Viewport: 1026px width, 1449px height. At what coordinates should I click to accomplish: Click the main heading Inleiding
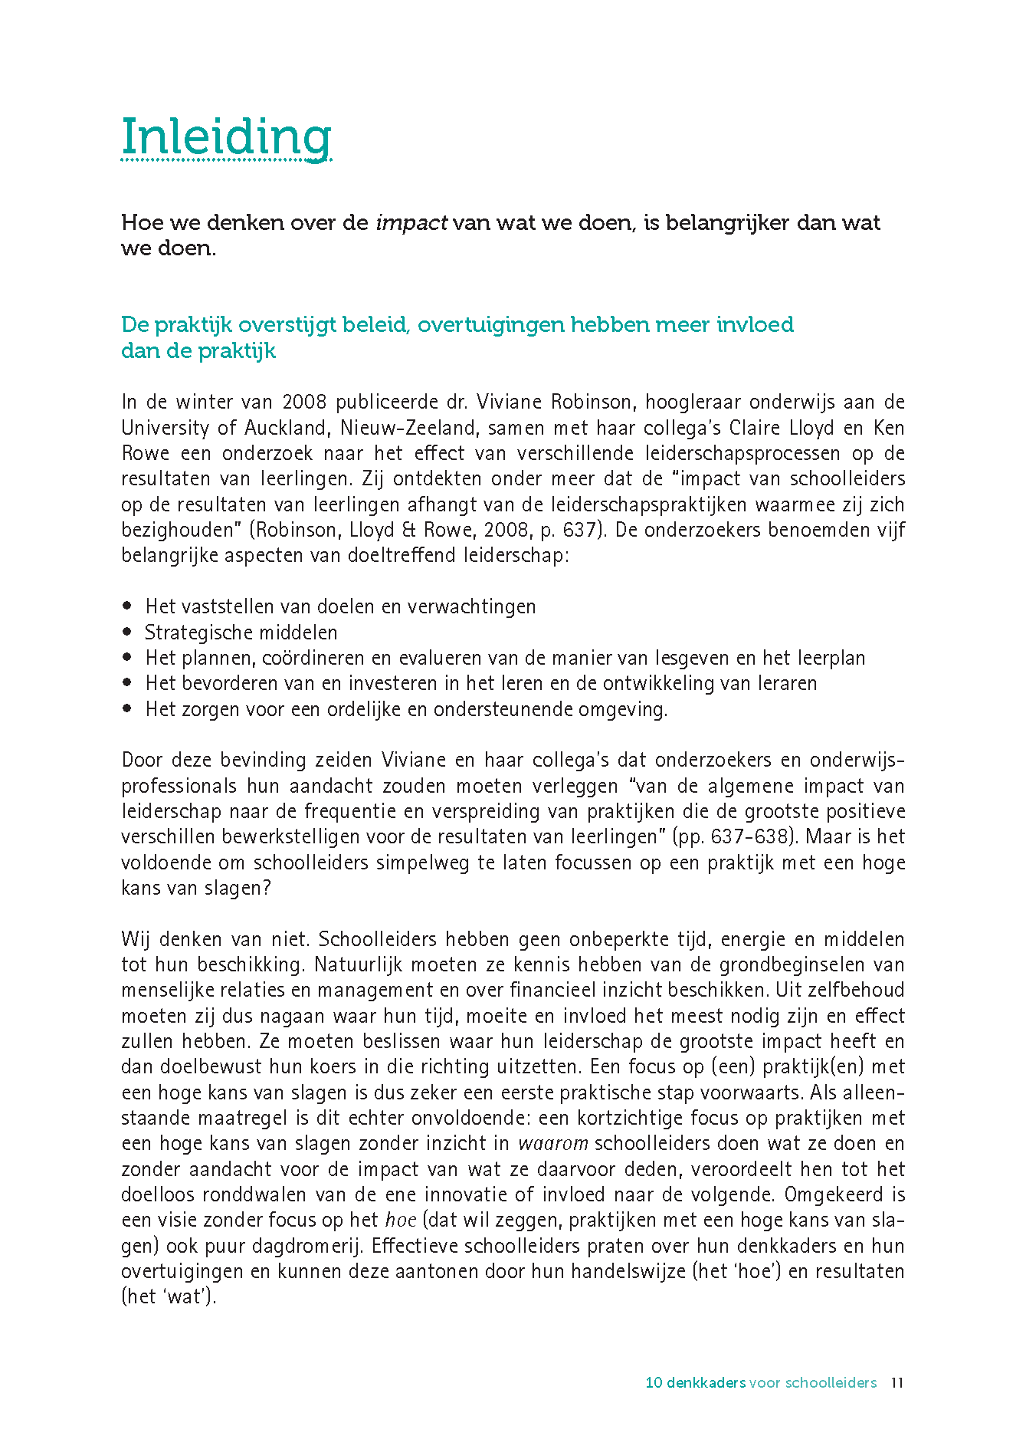[226, 137]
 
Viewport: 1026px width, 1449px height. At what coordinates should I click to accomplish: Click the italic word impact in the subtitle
[411, 223]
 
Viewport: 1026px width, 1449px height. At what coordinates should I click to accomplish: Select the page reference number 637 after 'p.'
[580, 530]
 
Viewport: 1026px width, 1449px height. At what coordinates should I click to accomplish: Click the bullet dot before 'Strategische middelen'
[127, 632]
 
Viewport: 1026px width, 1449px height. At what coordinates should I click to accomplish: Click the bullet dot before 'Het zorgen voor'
[127, 708]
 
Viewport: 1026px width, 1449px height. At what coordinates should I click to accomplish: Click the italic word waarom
[552, 1144]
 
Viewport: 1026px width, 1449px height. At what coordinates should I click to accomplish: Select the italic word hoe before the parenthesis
[400, 1221]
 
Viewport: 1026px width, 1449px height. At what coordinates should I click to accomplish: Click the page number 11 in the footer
[897, 1383]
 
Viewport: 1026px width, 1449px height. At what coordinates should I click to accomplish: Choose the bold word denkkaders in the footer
[706, 1383]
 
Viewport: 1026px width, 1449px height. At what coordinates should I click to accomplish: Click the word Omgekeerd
[831, 1194]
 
